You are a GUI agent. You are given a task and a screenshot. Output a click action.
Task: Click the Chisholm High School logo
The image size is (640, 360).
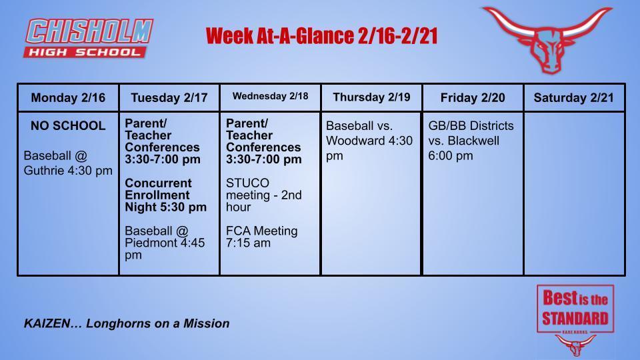[x=89, y=38]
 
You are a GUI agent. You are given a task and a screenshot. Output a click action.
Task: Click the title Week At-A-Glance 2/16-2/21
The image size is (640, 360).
[x=321, y=36]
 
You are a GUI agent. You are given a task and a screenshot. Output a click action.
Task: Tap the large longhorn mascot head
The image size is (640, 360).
[x=547, y=39]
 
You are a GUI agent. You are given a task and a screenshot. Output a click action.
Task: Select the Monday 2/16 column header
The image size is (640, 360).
[x=68, y=98]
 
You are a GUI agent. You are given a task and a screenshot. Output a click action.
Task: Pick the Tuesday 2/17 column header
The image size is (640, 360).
[x=169, y=98]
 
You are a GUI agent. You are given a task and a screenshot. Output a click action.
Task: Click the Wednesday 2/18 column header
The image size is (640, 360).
[x=270, y=97]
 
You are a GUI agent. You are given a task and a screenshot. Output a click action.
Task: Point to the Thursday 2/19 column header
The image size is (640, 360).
[x=371, y=97]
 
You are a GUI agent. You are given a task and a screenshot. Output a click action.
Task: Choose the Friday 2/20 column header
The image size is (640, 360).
[x=473, y=98]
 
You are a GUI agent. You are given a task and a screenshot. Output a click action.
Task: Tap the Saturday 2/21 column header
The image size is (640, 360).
[x=574, y=98]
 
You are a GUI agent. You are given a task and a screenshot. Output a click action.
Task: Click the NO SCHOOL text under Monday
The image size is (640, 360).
[x=68, y=125]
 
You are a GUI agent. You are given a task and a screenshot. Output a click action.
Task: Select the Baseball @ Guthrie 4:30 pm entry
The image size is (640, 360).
[x=68, y=163]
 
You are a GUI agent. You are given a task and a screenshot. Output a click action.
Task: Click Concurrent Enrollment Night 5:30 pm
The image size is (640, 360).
[x=166, y=195]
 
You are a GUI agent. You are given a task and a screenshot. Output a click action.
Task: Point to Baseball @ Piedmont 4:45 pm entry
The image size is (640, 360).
[x=165, y=243]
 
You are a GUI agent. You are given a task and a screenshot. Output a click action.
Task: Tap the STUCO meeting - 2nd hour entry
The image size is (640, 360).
[x=263, y=195]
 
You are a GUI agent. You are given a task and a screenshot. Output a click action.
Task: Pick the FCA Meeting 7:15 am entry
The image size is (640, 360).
[x=261, y=237]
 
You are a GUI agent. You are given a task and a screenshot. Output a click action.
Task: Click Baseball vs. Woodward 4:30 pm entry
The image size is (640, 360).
[x=369, y=141]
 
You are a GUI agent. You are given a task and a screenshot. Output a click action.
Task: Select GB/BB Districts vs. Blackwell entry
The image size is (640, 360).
[x=471, y=141]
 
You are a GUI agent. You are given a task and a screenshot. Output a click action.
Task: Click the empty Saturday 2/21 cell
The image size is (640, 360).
[x=574, y=193]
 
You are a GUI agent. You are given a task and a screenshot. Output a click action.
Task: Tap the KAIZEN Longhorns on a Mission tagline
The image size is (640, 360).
[x=127, y=323]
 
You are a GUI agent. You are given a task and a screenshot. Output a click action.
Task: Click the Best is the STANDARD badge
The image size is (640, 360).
[x=575, y=309]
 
